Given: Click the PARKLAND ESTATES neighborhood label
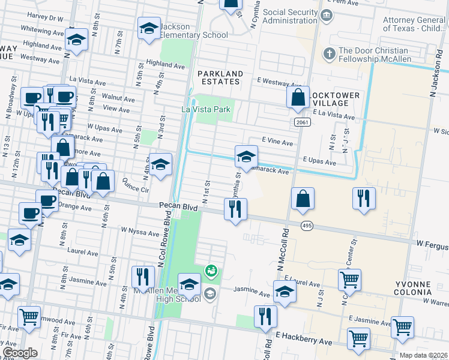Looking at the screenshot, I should pyautogui.click(x=220, y=79).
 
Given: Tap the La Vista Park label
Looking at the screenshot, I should pyautogui.click(x=206, y=109).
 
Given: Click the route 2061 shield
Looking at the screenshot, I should pyautogui.click(x=302, y=122).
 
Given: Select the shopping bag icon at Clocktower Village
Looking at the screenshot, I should pyautogui.click(x=298, y=98).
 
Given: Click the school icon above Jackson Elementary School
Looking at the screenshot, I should pyautogui.click(x=149, y=28).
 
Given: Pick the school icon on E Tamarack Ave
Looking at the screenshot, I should pyautogui.click(x=246, y=157).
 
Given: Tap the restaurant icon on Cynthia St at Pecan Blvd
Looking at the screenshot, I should pyautogui.click(x=235, y=209).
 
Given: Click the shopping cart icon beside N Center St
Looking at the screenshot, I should pyautogui.click(x=350, y=279).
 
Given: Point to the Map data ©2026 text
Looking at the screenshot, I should pyautogui.click(x=423, y=355).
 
